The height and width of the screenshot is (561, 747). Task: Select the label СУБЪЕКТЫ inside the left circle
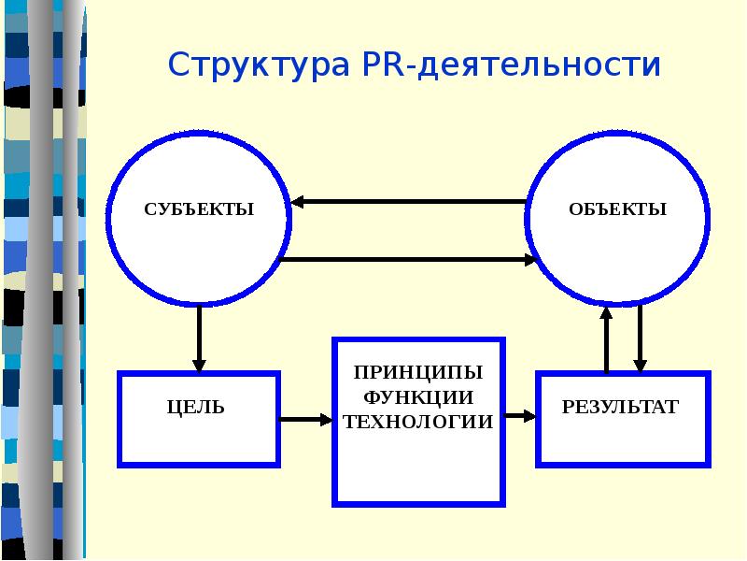point(199,209)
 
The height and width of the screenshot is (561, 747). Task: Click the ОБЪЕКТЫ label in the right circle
point(617,209)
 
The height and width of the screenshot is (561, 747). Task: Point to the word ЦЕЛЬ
point(196,408)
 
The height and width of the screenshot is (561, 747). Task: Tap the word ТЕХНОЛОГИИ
point(417,422)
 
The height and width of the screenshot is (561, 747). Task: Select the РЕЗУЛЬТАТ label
point(619,408)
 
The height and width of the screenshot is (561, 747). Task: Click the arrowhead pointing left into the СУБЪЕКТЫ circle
point(297,201)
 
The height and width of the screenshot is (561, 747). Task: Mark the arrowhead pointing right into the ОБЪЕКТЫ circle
point(533,259)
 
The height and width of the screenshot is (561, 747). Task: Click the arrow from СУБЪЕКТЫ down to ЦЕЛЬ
point(199,337)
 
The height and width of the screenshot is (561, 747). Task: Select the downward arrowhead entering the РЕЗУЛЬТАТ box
point(640,364)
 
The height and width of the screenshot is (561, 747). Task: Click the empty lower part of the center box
point(417,472)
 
